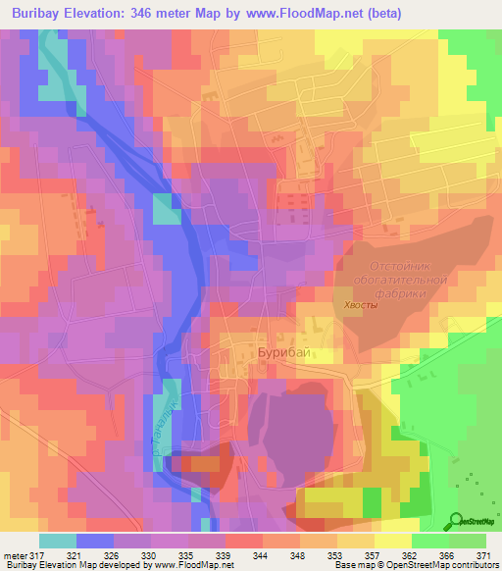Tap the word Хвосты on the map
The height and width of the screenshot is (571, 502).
359,306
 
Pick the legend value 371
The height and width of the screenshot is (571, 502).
482,554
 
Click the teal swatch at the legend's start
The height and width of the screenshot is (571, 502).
57,541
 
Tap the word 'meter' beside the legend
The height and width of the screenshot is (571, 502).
13,554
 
